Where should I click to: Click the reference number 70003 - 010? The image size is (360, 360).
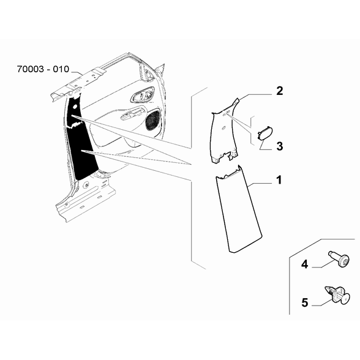(43, 69)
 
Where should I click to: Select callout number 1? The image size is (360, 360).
(279, 180)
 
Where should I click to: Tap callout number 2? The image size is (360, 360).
(279, 91)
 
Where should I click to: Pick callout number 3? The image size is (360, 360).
(280, 146)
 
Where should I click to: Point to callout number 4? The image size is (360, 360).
(304, 264)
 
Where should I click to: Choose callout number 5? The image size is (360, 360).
(305, 302)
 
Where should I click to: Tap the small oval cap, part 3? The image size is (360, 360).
(265, 133)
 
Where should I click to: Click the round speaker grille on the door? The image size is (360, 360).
(152, 121)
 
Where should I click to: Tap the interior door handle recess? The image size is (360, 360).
(142, 94)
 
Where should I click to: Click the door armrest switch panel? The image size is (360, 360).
(133, 114)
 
